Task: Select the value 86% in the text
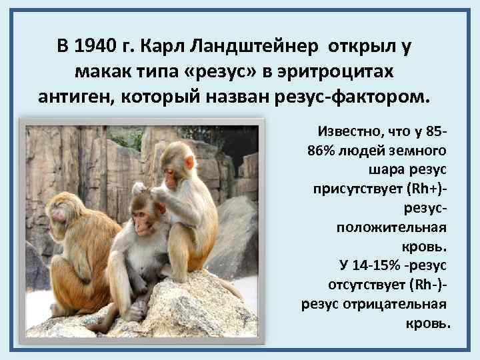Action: (x=323, y=148)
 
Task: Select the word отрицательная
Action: (x=402, y=305)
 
